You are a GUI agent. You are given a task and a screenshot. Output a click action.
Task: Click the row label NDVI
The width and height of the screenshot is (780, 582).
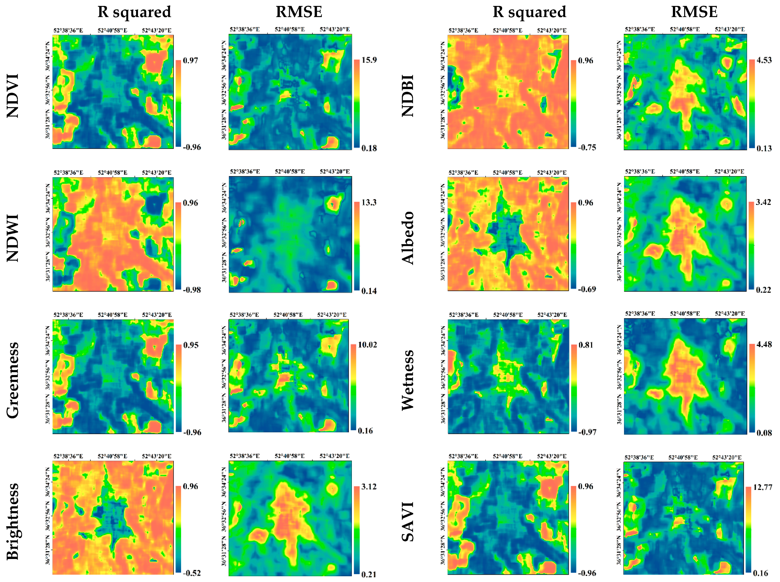13,96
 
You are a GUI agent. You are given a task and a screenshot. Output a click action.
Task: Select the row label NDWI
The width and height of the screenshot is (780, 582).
13,238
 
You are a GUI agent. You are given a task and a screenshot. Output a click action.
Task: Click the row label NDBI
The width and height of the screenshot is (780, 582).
408,96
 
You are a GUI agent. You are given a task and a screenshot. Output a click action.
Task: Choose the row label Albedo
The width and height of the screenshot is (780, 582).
408,238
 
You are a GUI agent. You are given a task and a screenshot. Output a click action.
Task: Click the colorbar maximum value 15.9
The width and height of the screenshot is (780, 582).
369,60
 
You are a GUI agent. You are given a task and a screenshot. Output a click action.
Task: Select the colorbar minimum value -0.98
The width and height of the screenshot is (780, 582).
192,290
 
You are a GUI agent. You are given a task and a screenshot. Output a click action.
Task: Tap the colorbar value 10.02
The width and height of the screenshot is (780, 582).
367,345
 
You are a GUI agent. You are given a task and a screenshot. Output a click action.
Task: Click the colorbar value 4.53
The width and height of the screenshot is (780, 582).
764,60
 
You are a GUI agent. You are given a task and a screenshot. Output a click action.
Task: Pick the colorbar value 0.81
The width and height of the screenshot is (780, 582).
585,345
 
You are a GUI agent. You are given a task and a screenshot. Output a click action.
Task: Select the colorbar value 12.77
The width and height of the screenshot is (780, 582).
763,487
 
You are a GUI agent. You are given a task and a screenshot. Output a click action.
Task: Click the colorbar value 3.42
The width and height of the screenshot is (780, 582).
763,202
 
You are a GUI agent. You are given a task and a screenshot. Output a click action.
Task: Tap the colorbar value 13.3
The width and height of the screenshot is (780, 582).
369,202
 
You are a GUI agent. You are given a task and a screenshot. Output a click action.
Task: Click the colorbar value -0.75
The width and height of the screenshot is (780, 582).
587,147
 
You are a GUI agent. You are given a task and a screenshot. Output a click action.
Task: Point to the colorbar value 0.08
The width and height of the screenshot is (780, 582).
764,432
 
